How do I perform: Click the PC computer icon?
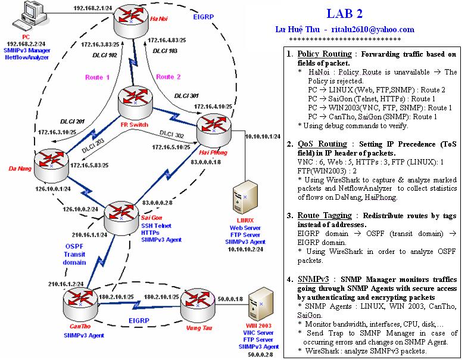(x=27, y=13)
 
